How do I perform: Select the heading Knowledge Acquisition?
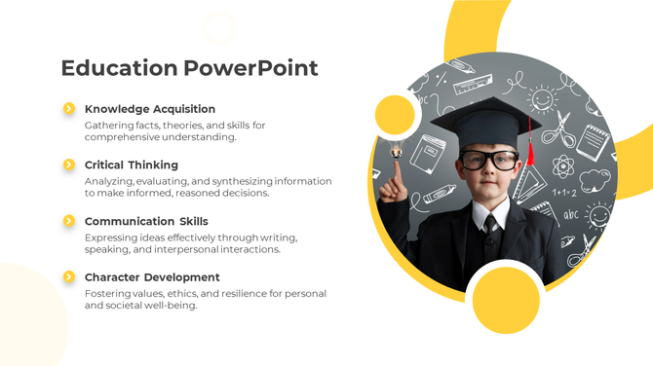150,109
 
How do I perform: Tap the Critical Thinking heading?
132,165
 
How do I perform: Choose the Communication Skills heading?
146,221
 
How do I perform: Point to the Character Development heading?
152,277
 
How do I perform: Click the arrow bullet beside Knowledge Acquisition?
69,109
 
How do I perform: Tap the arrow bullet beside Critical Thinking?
69,165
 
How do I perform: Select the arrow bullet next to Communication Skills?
69,221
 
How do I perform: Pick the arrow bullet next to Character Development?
69,277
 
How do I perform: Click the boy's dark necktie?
490,222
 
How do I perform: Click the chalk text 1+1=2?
564,192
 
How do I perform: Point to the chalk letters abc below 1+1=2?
570,214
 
